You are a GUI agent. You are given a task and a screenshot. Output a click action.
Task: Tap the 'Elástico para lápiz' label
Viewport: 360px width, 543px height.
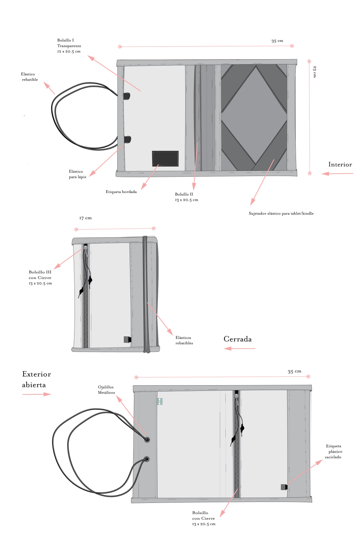(x=77, y=174)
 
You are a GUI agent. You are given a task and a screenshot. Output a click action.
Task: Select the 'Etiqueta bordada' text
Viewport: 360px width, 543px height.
(x=121, y=192)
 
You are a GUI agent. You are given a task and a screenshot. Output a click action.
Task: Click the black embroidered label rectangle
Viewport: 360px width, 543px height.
(x=165, y=159)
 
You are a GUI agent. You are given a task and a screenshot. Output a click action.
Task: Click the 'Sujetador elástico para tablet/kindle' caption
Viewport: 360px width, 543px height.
(x=281, y=213)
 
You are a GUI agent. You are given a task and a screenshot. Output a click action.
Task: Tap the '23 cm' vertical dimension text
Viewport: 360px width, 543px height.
(x=314, y=71)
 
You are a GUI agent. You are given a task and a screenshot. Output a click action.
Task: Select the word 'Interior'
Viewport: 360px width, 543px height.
(x=340, y=164)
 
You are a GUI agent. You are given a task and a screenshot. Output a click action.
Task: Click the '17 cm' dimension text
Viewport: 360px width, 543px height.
(x=85, y=218)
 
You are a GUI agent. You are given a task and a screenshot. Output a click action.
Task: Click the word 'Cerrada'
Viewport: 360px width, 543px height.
(x=237, y=339)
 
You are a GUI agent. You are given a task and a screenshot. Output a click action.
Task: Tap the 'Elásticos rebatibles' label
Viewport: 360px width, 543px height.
(x=184, y=340)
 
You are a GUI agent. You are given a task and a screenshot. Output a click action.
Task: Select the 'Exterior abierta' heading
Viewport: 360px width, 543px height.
(x=36, y=379)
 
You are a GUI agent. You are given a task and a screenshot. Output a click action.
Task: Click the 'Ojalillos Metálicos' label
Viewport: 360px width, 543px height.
(x=106, y=389)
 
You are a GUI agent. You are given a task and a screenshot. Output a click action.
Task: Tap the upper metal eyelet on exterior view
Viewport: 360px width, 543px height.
(x=147, y=439)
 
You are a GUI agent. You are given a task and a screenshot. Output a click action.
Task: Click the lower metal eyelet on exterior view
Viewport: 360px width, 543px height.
(x=146, y=459)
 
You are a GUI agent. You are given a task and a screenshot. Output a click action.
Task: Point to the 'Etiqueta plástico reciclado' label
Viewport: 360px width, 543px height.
(x=333, y=451)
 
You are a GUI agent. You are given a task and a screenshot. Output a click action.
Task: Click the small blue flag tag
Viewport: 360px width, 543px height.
(x=160, y=401)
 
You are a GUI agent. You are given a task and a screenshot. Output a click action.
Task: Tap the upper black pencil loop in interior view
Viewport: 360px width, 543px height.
(x=127, y=96)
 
